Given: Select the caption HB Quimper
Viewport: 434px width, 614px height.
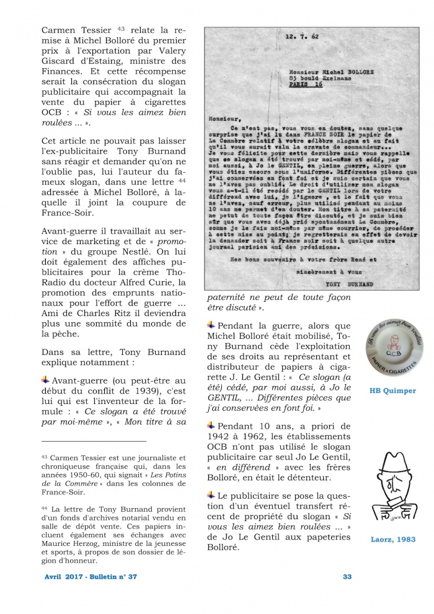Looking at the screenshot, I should [x=392, y=391].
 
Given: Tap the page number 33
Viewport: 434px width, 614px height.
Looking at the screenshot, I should [x=347, y=577].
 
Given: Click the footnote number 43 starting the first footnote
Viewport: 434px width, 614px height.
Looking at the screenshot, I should [x=44, y=456].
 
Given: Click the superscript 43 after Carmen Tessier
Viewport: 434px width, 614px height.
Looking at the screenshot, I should [x=121, y=28].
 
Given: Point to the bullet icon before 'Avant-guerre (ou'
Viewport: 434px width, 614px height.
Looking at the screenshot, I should [x=45, y=379].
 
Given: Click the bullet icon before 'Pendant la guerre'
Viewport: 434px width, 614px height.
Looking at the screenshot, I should [x=211, y=325].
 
